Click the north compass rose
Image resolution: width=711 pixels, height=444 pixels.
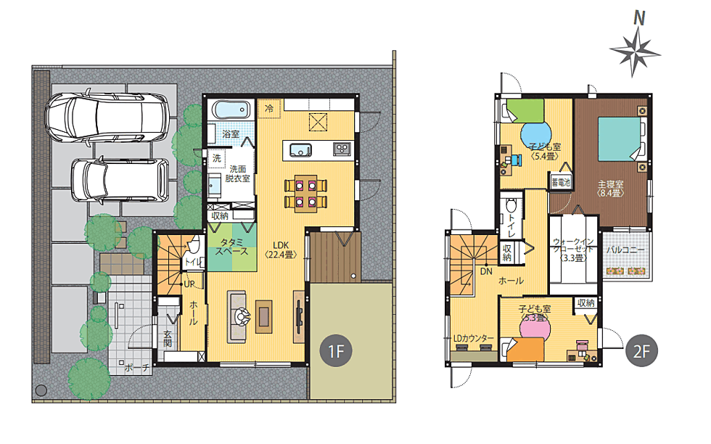(635, 51)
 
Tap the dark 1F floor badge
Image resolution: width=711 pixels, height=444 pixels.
(335, 350)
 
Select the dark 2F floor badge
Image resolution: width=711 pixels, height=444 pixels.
(641, 350)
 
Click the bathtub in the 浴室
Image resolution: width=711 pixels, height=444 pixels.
(231, 110)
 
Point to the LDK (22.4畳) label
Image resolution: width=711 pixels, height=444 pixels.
(281, 250)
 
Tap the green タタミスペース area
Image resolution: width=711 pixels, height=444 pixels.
(231, 247)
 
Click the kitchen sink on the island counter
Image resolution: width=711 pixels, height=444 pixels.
(300, 149)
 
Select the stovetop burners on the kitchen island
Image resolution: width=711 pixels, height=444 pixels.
(342, 149)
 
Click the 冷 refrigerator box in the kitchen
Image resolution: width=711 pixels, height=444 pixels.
(269, 109)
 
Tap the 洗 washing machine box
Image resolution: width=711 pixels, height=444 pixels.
(217, 158)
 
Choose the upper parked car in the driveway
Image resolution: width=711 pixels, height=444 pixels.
(107, 117)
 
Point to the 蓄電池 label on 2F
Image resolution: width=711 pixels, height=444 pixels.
(561, 182)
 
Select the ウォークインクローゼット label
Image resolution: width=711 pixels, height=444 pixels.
(573, 250)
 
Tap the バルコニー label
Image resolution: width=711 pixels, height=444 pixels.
(625, 250)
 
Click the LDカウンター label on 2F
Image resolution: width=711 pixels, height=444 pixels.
(473, 338)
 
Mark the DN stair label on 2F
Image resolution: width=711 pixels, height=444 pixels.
(486, 271)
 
